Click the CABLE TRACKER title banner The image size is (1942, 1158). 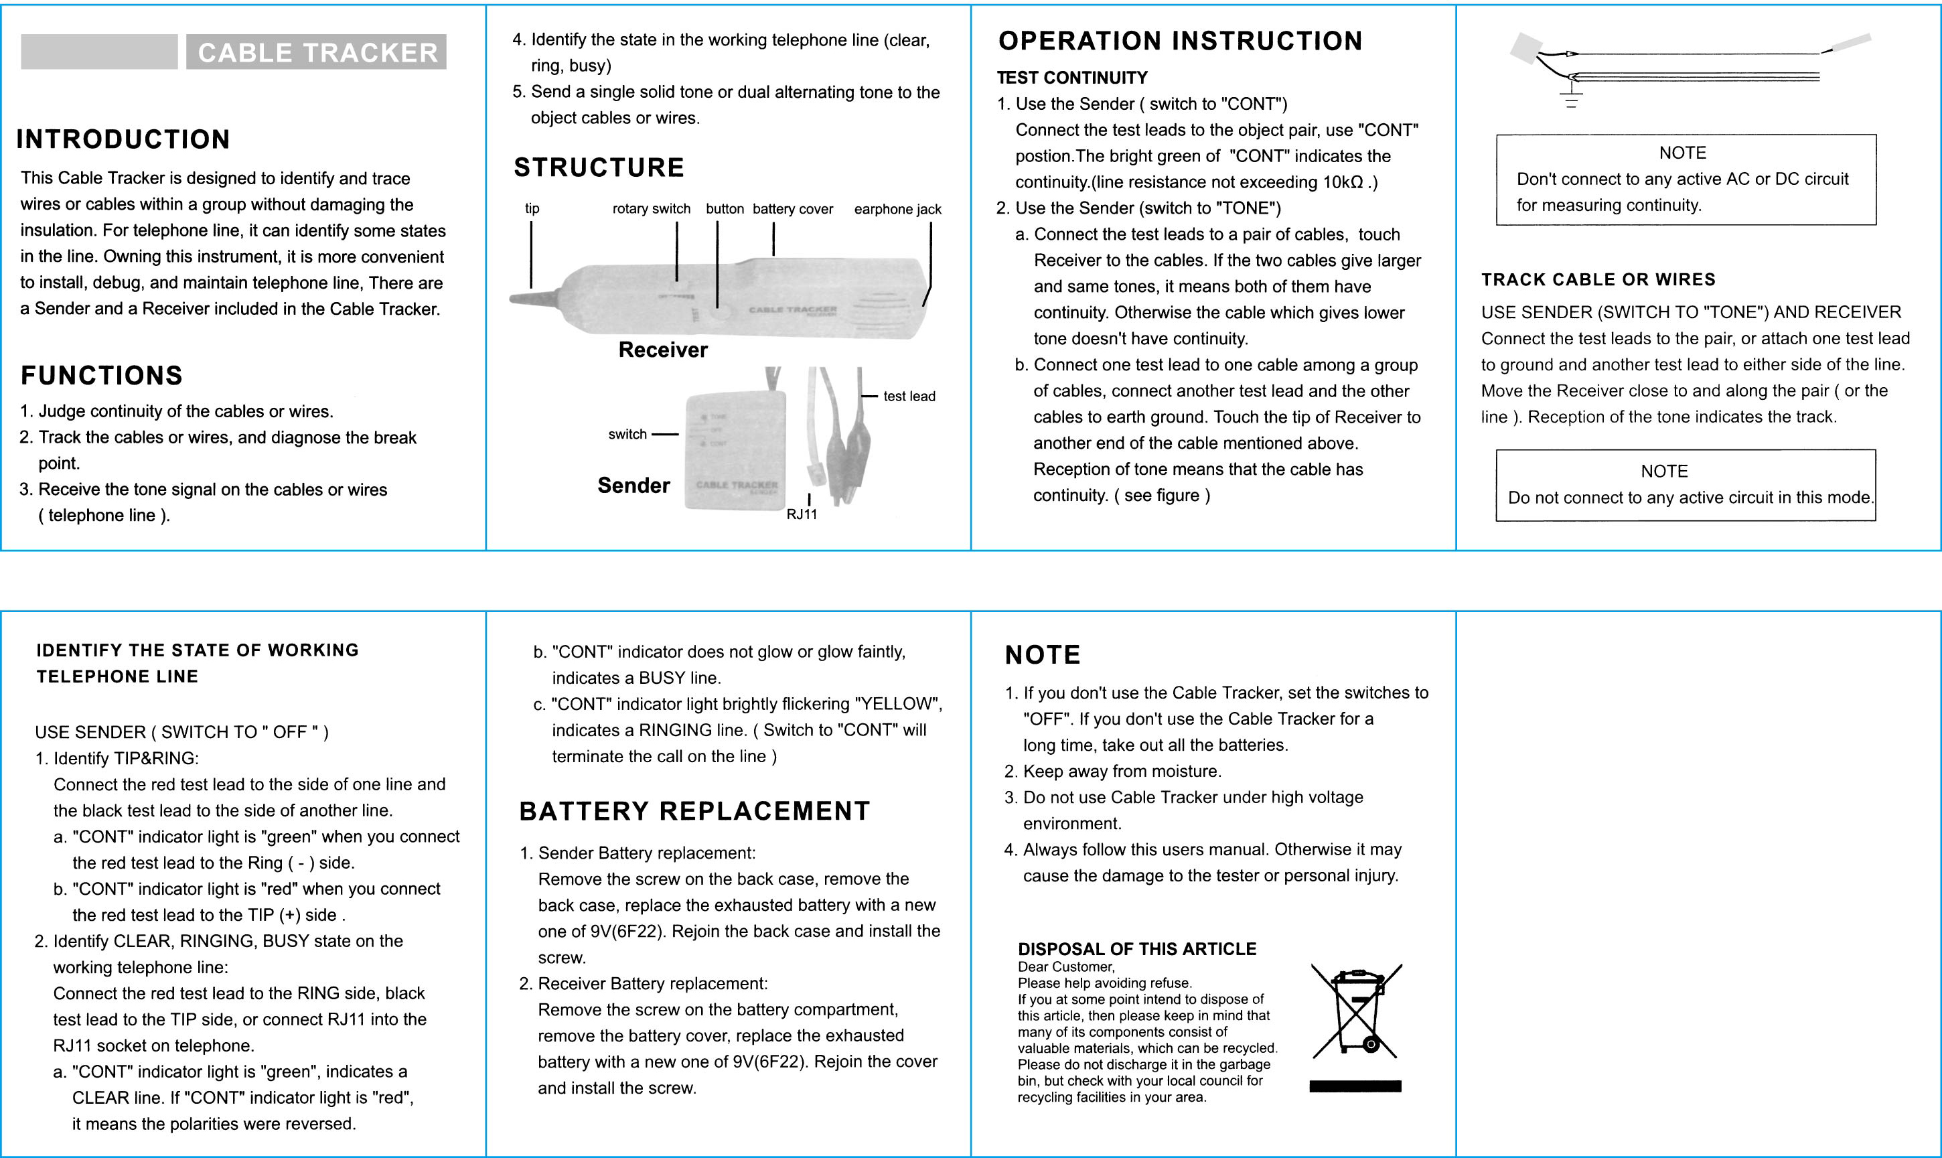click(316, 52)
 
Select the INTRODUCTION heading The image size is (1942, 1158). click(123, 140)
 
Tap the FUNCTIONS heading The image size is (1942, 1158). click(101, 375)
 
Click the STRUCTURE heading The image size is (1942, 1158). click(599, 167)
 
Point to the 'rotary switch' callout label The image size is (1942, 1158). click(651, 209)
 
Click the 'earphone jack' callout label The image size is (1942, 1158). click(897, 209)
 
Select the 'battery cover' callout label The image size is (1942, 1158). click(793, 209)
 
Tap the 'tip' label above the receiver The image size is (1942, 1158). click(532, 208)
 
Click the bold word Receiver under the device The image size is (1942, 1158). click(662, 350)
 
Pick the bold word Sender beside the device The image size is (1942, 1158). click(633, 486)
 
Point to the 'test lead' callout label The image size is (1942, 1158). click(909, 396)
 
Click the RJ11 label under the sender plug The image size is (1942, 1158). click(802, 514)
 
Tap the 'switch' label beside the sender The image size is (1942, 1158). click(627, 435)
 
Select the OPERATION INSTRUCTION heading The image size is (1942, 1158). click(1180, 42)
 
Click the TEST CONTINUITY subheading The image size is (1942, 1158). click(1072, 78)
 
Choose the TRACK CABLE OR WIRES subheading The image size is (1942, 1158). click(1598, 279)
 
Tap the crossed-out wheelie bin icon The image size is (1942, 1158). click(1356, 1011)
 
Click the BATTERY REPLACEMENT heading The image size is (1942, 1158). click(694, 812)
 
